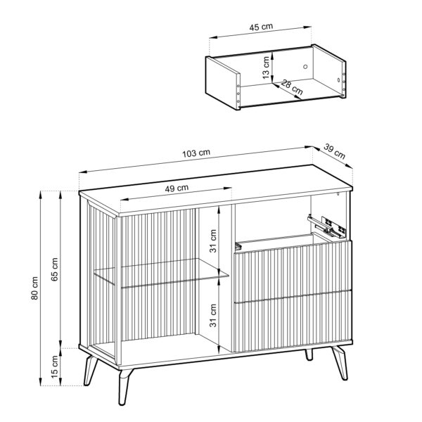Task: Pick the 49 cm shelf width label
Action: [x=176, y=188]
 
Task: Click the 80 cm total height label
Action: [x=35, y=288]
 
